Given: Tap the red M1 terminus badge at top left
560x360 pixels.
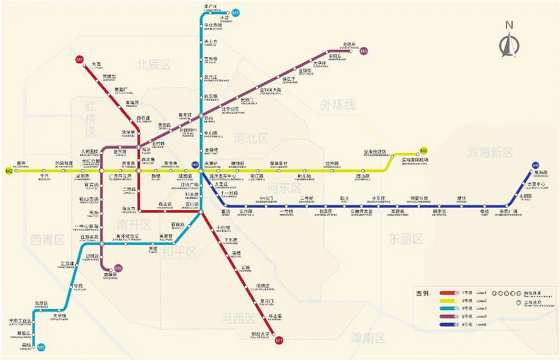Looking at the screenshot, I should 79,59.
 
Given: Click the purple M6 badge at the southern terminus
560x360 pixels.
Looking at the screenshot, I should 118,269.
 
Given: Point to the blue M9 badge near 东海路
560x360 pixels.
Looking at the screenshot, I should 535,165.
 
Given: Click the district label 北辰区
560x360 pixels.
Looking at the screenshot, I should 154,63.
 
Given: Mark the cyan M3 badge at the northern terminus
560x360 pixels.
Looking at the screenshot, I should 235,13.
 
